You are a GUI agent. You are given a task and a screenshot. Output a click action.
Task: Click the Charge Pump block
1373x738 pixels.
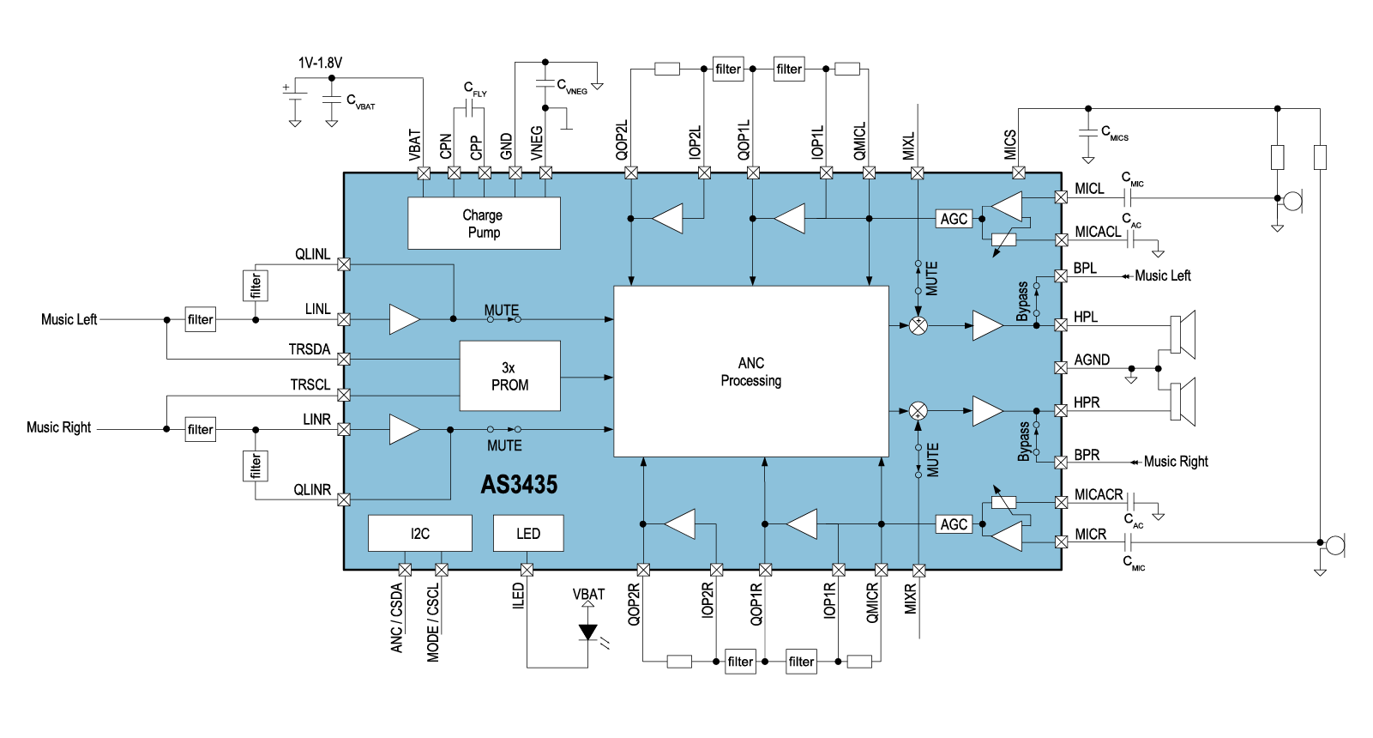click(x=484, y=223)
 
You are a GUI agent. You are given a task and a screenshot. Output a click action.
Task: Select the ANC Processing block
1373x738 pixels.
click(x=751, y=371)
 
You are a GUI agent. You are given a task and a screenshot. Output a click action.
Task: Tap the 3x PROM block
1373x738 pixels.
click(x=509, y=376)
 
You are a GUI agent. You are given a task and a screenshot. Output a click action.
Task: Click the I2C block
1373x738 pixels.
click(x=419, y=533)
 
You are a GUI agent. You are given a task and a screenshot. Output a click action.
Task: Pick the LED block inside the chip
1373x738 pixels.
click(x=528, y=533)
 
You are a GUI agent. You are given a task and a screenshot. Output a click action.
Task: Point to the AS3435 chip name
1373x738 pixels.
click(x=519, y=485)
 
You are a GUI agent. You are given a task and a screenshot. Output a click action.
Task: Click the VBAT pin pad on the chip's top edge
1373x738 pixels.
click(x=423, y=172)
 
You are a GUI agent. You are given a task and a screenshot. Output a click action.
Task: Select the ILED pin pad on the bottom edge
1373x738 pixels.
click(x=527, y=570)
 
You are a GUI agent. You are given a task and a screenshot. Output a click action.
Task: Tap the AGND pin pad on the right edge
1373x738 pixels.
click(x=1061, y=367)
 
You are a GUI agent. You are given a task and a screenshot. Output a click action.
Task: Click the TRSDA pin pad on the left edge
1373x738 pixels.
click(x=344, y=359)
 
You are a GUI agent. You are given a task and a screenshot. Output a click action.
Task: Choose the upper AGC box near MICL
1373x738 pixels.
click(x=954, y=219)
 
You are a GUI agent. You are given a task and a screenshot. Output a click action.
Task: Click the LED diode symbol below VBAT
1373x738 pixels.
click(x=587, y=632)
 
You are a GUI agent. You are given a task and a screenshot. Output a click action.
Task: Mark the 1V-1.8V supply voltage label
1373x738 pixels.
click(x=320, y=63)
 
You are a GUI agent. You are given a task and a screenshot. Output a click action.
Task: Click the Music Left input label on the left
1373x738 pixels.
click(x=69, y=319)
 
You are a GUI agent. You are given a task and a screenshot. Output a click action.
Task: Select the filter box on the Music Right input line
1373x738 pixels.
click(x=201, y=429)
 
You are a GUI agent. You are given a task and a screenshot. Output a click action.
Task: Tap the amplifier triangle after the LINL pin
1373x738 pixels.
click(x=403, y=319)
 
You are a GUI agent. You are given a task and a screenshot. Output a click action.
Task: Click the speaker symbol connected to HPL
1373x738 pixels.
click(x=1183, y=335)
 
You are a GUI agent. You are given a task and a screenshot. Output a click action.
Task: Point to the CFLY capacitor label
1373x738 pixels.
click(x=475, y=88)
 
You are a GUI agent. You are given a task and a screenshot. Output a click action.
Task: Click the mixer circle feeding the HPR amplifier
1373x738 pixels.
click(x=918, y=410)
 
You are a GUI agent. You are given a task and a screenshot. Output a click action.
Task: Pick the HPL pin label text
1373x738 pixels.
click(x=1086, y=317)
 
